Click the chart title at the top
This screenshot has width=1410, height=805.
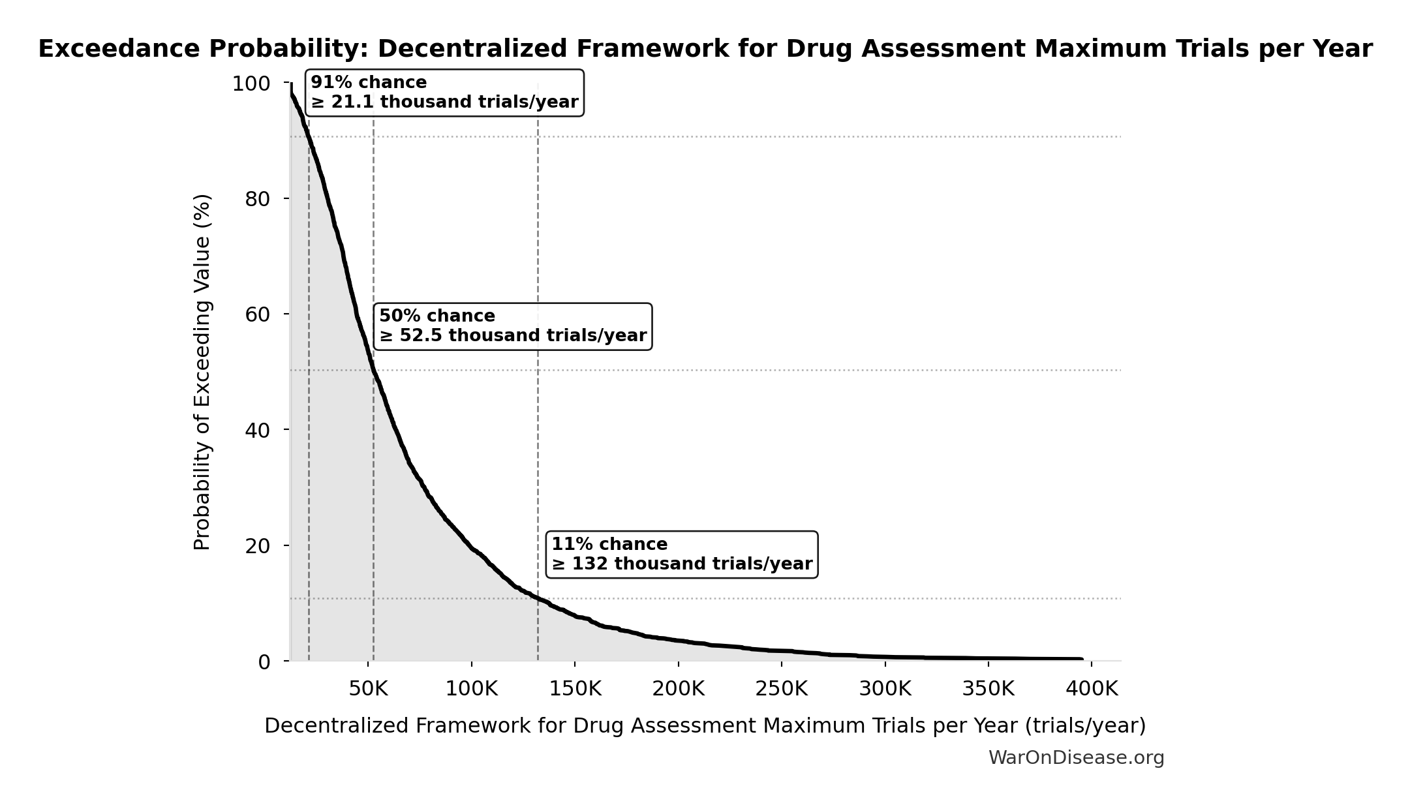coord(705,50)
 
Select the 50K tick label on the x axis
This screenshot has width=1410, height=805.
coord(368,689)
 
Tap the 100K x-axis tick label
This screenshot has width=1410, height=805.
coord(471,689)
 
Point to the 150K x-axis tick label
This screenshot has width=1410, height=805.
coord(575,689)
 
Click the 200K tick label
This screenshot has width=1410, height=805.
coord(679,689)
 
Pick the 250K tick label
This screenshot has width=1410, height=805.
coord(782,689)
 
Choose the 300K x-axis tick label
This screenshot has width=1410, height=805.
coord(885,689)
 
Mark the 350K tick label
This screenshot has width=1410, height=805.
coord(989,689)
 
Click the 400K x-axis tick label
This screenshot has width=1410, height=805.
coord(1092,689)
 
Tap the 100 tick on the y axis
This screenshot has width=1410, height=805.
coord(251,84)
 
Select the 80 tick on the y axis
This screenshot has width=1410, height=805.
coord(257,200)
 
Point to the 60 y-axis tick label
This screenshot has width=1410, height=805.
coord(257,315)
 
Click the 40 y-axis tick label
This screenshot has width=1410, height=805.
coord(257,431)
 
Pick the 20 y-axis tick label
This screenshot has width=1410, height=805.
coord(257,546)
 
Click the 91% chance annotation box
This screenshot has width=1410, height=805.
coord(444,93)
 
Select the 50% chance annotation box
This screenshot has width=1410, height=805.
coord(512,326)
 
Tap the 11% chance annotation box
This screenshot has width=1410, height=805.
coord(681,554)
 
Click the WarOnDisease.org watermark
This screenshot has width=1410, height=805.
coord(1076,758)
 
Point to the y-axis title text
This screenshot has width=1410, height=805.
coord(202,372)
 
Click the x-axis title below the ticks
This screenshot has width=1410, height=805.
coord(705,726)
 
